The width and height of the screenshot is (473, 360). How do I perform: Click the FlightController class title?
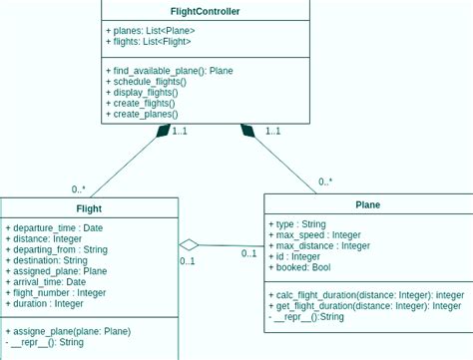click(206, 12)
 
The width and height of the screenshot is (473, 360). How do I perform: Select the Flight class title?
click(89, 208)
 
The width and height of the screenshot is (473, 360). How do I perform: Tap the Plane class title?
click(367, 205)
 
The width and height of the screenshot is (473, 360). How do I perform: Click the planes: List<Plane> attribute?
click(148, 30)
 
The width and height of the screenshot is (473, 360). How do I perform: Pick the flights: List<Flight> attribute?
click(149, 42)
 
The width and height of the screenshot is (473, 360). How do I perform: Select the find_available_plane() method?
click(169, 71)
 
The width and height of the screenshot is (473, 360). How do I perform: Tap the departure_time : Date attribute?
click(54, 227)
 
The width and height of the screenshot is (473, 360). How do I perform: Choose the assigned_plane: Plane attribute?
click(56, 271)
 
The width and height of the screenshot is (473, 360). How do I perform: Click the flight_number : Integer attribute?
click(56, 293)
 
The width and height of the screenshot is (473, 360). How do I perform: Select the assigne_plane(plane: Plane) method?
click(68, 331)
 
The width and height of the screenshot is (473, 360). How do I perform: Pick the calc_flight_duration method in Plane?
click(366, 295)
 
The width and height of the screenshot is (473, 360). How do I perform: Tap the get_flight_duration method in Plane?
click(364, 306)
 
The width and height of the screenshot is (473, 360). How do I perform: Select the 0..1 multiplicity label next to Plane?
click(249, 253)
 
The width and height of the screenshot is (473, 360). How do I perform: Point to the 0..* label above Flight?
click(79, 189)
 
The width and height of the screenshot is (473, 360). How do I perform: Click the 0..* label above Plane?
click(325, 182)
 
